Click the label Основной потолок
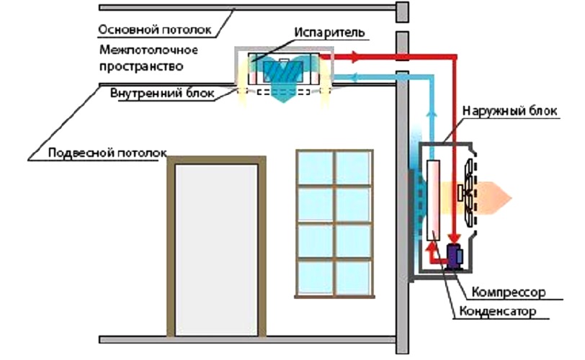[x=155, y=30]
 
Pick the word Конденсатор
[x=498, y=312]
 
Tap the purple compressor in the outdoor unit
[x=455, y=257]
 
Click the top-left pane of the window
[x=316, y=166]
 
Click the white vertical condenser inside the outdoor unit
[x=434, y=201]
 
